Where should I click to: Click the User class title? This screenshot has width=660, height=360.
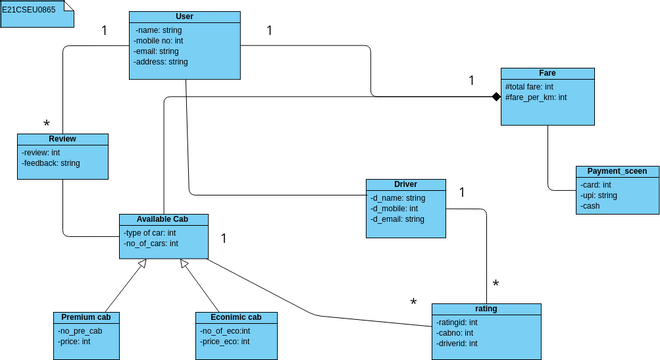[184, 17]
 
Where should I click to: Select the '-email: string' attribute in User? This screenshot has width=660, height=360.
[156, 51]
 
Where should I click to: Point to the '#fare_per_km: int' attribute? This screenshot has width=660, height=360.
[536, 97]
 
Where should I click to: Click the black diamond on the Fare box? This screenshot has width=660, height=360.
[494, 97]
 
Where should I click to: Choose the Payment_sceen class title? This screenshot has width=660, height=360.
[618, 171]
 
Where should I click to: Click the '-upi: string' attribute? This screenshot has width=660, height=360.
[600, 195]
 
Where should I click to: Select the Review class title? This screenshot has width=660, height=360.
[62, 139]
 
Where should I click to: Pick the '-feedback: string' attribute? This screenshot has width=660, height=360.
[51, 162]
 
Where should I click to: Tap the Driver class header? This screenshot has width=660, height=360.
[405, 185]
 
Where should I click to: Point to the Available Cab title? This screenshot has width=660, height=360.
[161, 219]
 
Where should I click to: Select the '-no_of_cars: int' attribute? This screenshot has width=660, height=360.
[151, 243]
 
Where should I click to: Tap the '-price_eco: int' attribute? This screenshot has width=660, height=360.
[225, 341]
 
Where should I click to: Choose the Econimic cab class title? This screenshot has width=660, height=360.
[236, 317]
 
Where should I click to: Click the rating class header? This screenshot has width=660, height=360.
[486, 309]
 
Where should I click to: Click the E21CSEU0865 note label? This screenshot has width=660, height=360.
[29, 8]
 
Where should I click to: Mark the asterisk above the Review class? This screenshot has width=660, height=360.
[46, 123]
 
